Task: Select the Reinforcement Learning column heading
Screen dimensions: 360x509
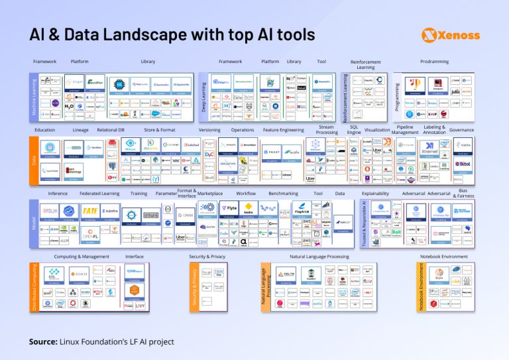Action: click(x=366, y=64)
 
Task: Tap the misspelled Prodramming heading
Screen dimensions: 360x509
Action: click(x=434, y=62)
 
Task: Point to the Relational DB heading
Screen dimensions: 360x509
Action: click(x=111, y=130)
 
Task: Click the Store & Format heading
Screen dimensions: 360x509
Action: click(x=160, y=130)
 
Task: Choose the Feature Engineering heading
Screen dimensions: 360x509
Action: click(x=283, y=130)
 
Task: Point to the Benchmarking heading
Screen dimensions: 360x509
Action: click(x=283, y=194)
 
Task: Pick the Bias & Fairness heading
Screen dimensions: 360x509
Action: click(x=467, y=193)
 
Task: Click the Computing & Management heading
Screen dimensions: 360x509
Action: click(x=82, y=257)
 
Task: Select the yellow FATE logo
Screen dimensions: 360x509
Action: click(x=91, y=210)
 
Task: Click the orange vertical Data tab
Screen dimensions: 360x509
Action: click(x=33, y=160)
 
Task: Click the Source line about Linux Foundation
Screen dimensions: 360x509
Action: click(x=101, y=342)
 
